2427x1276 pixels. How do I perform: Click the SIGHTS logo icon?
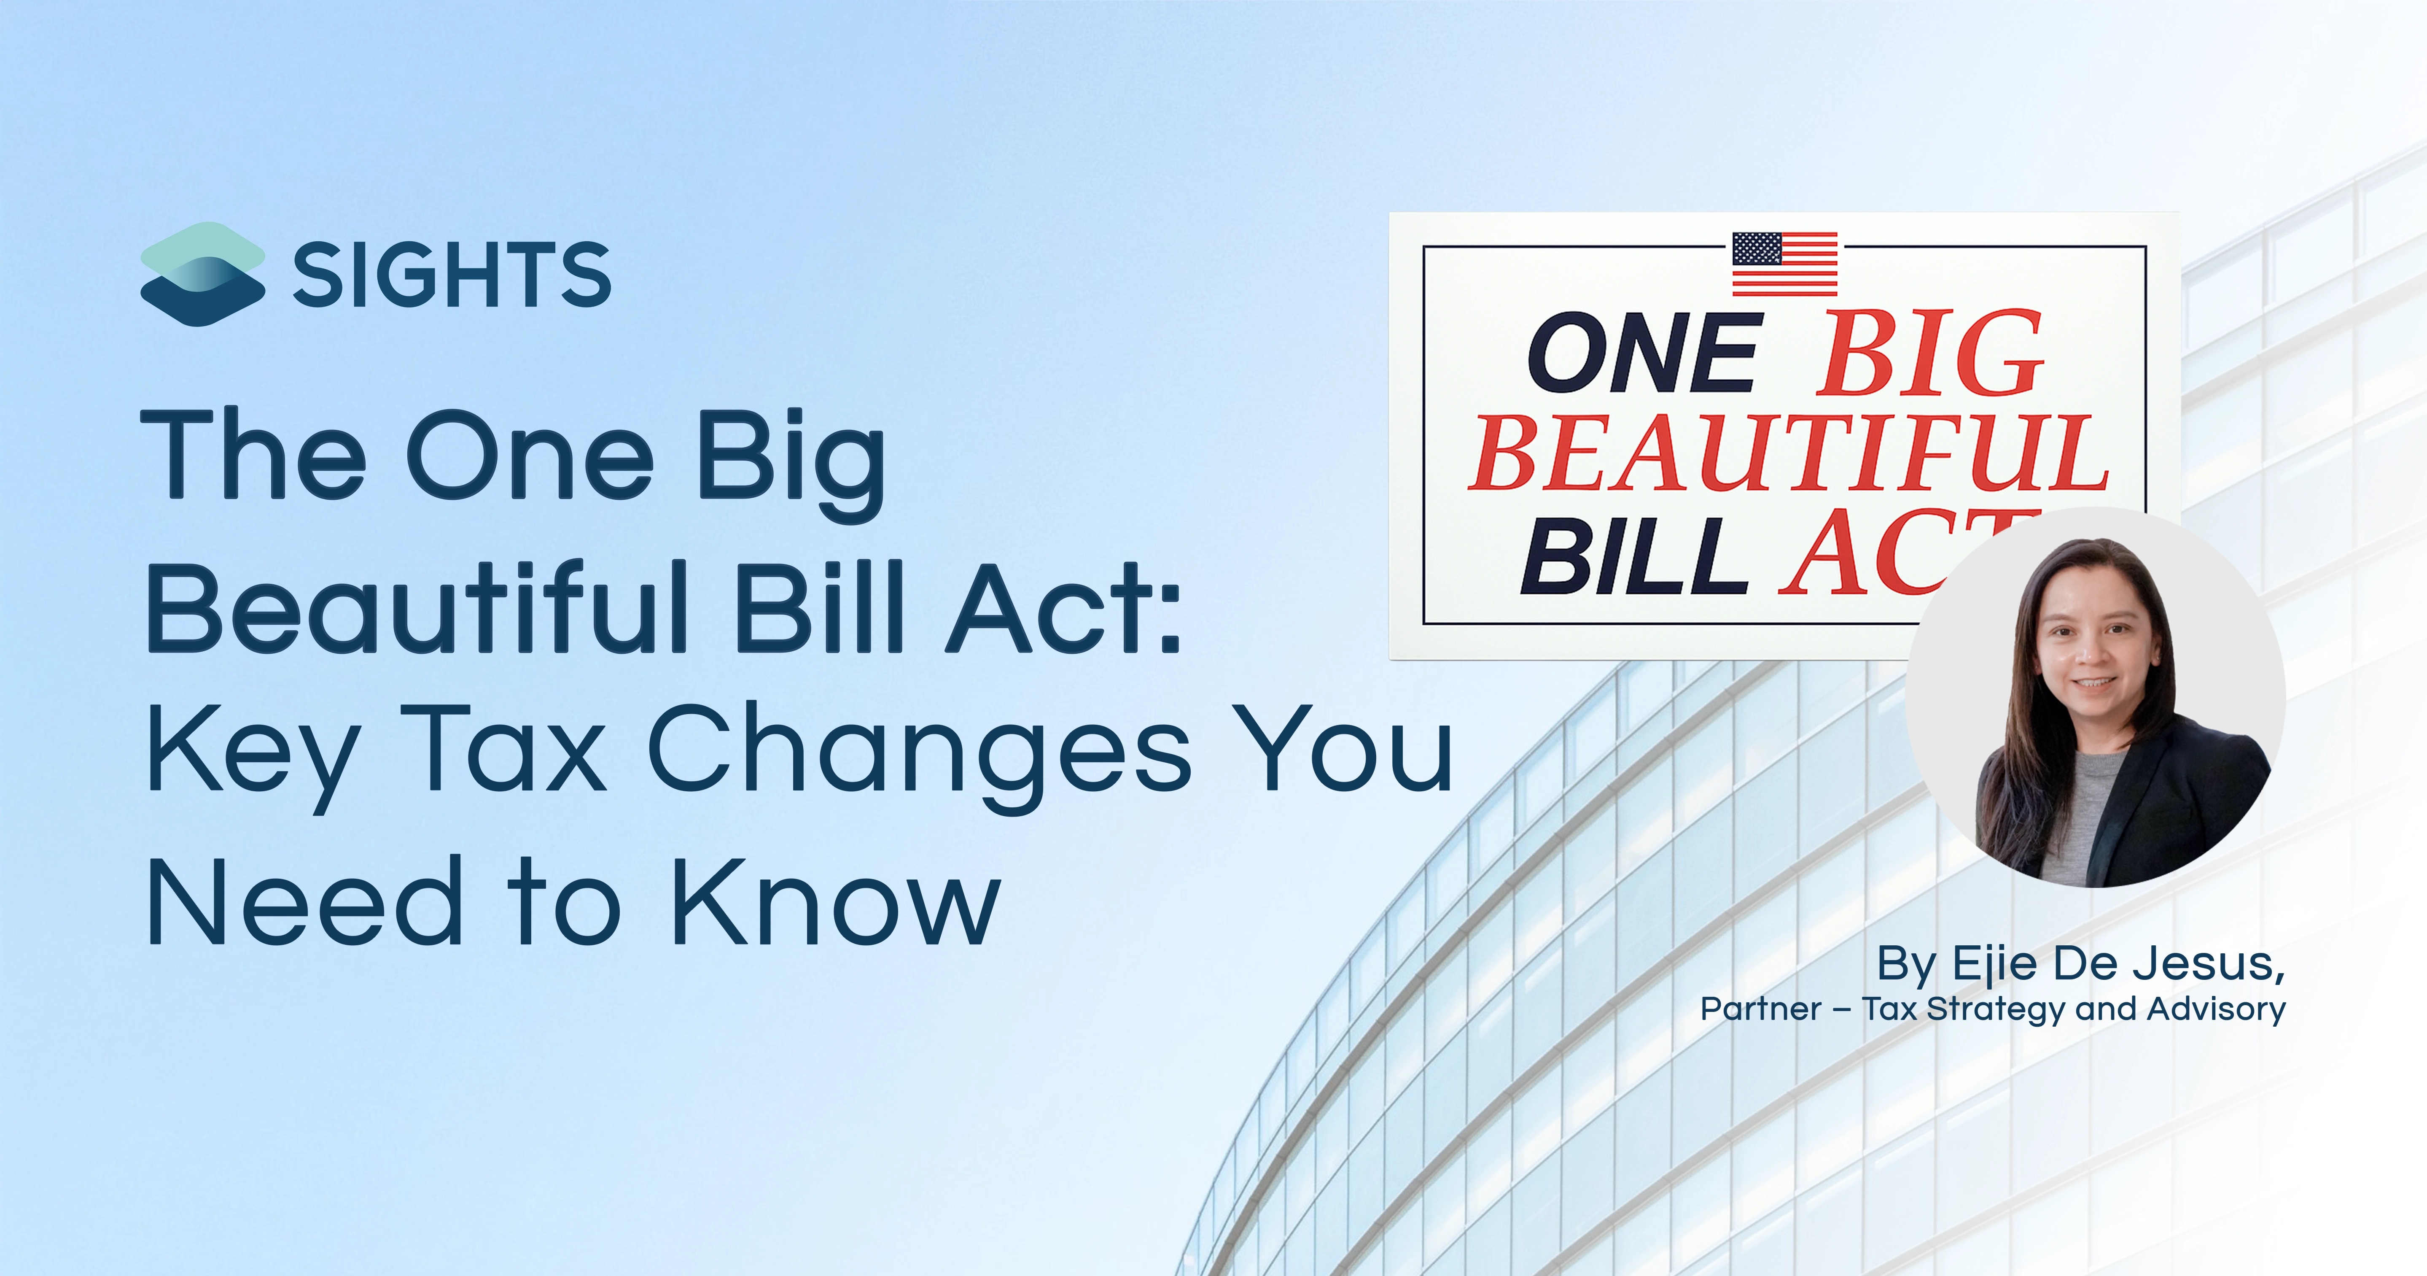tap(202, 274)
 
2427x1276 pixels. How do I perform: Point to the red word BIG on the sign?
tap(1932, 353)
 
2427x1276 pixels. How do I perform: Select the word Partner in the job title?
tap(1761, 1009)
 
